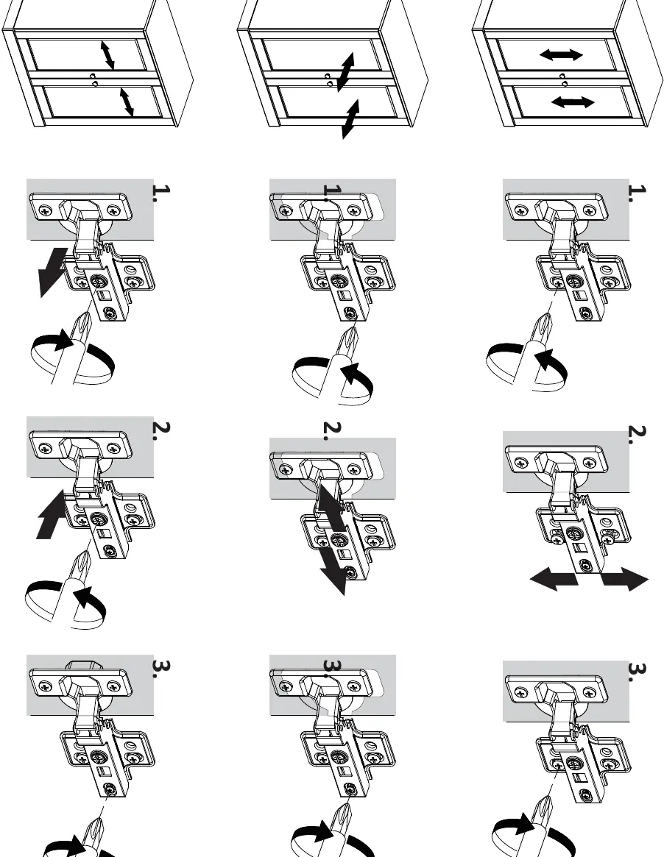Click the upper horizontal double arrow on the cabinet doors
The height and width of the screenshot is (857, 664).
(561, 54)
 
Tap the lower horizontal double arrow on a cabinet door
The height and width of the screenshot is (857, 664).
(573, 102)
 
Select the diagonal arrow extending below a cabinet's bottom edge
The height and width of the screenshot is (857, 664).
(350, 119)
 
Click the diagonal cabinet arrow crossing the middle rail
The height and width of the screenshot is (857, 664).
(346, 72)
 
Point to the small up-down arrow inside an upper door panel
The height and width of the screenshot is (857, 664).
(107, 55)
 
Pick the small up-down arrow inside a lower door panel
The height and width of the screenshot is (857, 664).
(127, 102)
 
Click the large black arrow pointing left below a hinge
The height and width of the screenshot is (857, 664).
(554, 579)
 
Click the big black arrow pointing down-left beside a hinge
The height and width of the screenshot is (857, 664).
(52, 273)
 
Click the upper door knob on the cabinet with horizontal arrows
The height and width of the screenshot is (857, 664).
(562, 76)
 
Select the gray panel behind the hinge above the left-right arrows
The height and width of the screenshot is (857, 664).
(566, 461)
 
